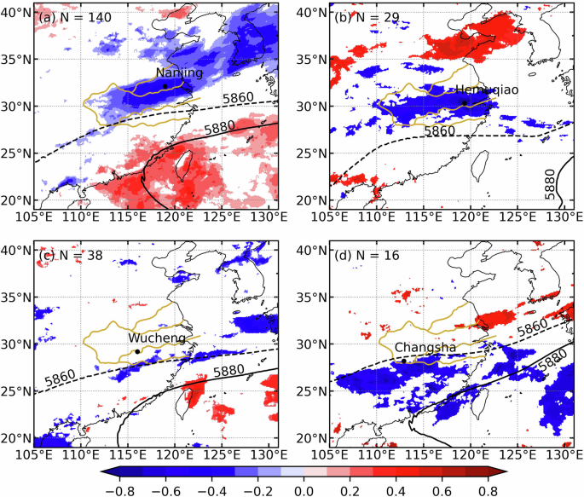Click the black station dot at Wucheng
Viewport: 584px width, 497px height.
pos(137,351)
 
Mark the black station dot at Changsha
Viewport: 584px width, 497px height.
pos(404,361)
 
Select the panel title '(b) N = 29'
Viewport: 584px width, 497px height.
pos(361,14)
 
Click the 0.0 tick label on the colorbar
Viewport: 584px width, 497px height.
pos(303,489)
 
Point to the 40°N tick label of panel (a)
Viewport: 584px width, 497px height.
pos(16,13)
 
